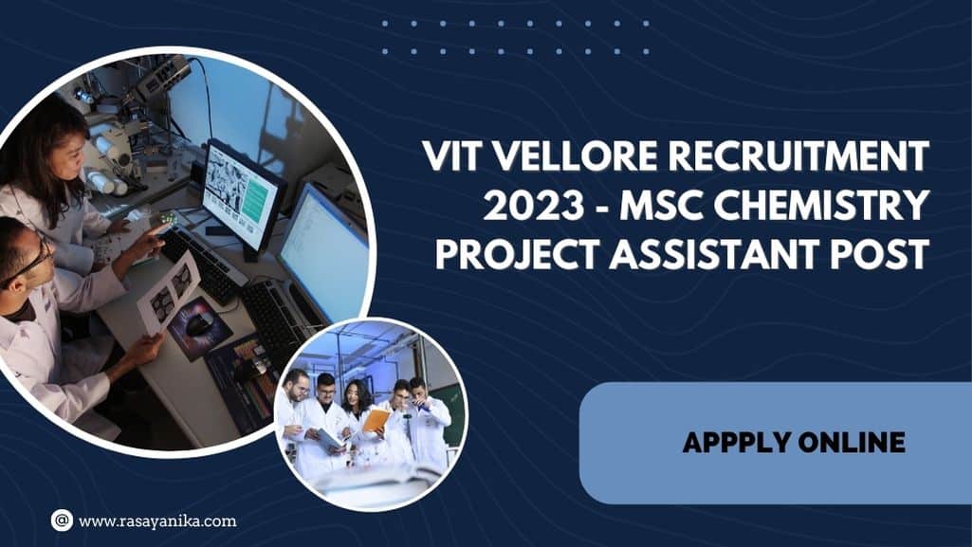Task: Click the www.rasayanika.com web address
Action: coord(157,521)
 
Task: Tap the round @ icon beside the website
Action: coord(62,520)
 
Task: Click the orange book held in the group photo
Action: coord(376,420)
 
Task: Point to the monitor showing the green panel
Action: coord(242,194)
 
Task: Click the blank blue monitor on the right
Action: coord(323,254)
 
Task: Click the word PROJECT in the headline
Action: coord(517,254)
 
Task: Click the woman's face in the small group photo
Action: coord(353,392)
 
